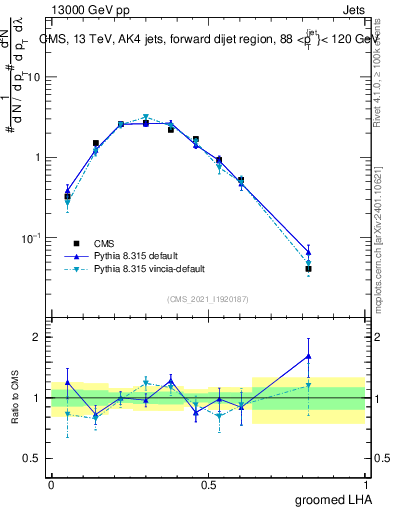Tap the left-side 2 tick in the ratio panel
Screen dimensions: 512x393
click(40, 337)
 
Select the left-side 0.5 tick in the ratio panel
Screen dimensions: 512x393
click(36, 458)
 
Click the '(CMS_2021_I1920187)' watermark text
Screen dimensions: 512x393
click(207, 299)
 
